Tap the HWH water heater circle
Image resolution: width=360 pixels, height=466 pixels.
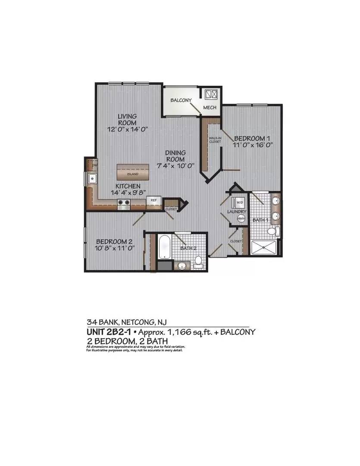pyautogui.click(x=241, y=219)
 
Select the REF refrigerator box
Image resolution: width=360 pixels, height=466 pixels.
pyautogui.click(x=153, y=200)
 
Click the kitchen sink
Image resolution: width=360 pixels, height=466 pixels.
pyautogui.click(x=92, y=178)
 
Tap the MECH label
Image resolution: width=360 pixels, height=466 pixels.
pyautogui.click(x=210, y=108)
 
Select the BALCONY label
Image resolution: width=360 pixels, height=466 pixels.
pyautogui.click(x=181, y=100)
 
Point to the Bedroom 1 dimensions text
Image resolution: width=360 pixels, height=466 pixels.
pyautogui.click(x=253, y=145)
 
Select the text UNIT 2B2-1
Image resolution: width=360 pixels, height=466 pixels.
pyautogui.click(x=109, y=332)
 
